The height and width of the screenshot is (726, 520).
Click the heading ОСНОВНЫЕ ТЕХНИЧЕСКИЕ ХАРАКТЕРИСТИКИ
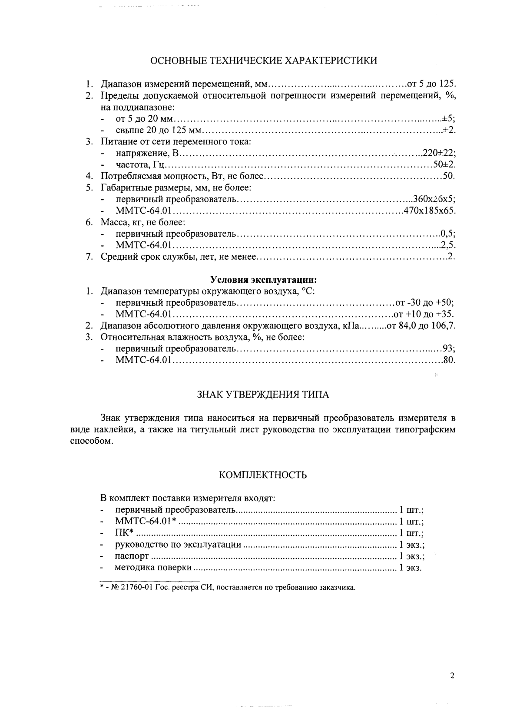click(x=263, y=60)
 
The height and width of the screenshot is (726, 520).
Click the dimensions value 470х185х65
click(x=429, y=211)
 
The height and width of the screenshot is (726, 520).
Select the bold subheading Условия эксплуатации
click(x=263, y=279)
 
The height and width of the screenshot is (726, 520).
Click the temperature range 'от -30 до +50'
click(x=424, y=302)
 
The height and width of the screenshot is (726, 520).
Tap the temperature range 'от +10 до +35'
click(x=424, y=314)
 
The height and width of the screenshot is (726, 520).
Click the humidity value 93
click(x=448, y=348)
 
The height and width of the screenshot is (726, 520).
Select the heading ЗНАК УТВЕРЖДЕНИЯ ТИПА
click(x=263, y=395)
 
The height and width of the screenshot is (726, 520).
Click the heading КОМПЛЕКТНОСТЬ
click(x=263, y=475)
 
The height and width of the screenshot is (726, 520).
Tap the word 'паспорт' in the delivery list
click(x=132, y=556)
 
